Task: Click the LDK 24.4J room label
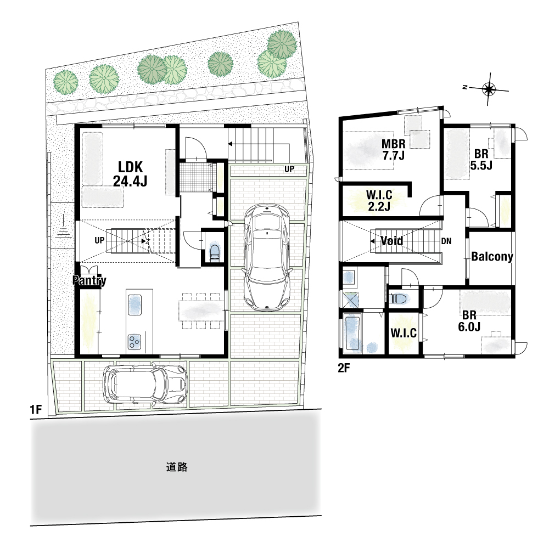tap(130, 174)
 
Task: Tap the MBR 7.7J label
tap(394, 149)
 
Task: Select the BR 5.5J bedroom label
tap(481, 159)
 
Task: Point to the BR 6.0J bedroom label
tap(469, 320)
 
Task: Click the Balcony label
tap(492, 257)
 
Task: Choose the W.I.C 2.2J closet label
tap(379, 200)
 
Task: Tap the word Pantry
tap(89, 280)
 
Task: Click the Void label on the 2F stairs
tap(391, 241)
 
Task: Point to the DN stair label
tap(446, 241)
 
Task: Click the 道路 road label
tap(176, 467)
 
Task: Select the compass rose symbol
tap(488, 89)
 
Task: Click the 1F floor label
tap(36, 409)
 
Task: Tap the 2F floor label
tap(344, 368)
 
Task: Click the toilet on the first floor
tap(214, 252)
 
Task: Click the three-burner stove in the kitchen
tap(134, 342)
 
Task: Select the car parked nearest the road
tap(144, 385)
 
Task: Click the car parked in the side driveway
tap(267, 257)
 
